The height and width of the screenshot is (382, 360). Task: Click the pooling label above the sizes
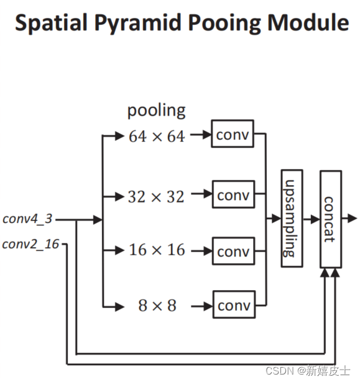(156, 111)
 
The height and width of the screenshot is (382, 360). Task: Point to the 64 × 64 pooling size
(157, 137)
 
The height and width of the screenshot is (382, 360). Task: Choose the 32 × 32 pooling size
(156, 197)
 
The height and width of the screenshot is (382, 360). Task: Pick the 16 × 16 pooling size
(157, 250)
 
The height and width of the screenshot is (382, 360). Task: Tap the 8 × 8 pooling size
(157, 306)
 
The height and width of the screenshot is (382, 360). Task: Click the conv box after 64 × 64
(233, 134)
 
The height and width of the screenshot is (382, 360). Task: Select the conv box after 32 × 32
(233, 195)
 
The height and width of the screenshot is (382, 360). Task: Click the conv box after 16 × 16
(233, 251)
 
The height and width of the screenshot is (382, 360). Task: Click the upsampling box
(291, 218)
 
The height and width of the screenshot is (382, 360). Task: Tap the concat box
(330, 218)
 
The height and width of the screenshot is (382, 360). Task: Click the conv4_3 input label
(27, 219)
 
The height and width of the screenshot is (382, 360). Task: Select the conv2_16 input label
(30, 243)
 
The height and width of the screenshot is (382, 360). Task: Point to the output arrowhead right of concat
(353, 218)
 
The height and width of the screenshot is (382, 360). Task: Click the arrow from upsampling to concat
(312, 218)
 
